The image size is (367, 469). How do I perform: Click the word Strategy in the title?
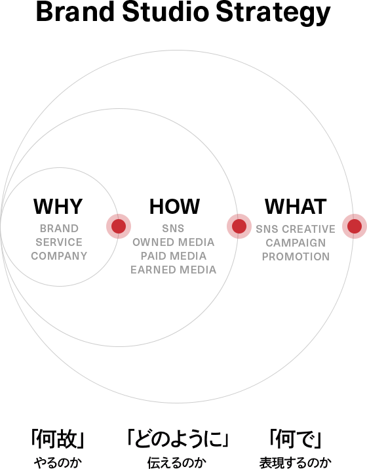point(273,14)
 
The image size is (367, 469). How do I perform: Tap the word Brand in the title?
point(75,11)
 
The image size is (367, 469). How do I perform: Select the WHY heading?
point(58,207)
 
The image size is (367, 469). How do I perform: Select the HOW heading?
point(174,207)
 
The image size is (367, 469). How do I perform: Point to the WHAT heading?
point(296,207)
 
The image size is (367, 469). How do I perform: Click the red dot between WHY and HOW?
point(119,226)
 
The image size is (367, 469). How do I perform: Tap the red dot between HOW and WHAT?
point(239,226)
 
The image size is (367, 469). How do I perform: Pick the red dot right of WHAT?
point(355,226)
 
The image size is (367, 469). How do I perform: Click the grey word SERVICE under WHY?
point(59,242)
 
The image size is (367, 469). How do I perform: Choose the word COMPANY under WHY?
point(59,256)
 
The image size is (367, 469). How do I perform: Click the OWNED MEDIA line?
point(173,242)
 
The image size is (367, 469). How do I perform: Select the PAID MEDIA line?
point(173,256)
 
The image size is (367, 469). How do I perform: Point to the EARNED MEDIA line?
point(173,270)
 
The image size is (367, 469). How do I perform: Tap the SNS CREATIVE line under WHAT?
point(296,229)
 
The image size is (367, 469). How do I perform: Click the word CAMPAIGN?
point(296,243)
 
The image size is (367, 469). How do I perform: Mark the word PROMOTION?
point(296,256)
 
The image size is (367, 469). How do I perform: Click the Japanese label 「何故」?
point(58,439)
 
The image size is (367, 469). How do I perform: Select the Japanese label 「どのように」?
point(178,439)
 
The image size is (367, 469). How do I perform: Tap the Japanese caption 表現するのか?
point(296,462)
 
